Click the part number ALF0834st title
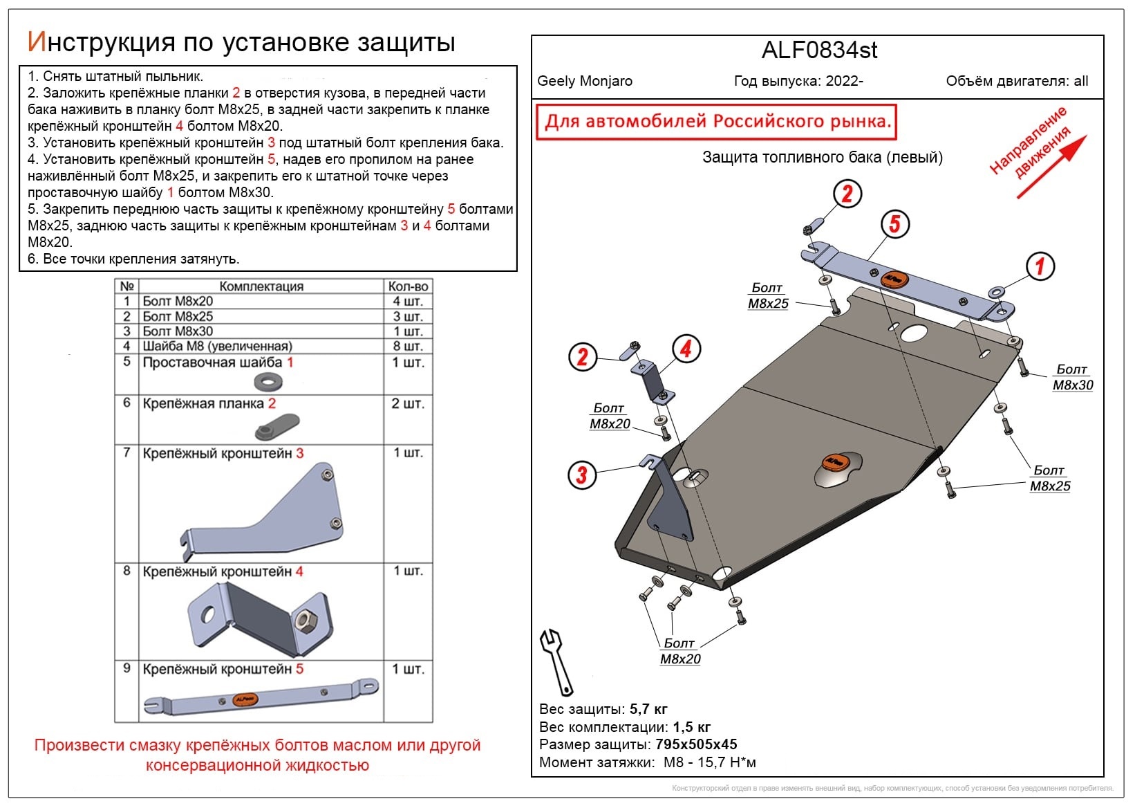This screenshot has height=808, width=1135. point(819,50)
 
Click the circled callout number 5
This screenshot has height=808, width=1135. point(894,223)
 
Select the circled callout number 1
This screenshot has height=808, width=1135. point(1040,266)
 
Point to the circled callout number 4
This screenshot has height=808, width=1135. point(685,349)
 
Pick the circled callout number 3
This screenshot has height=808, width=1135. point(582,475)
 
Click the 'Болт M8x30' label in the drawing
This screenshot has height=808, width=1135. point(1072,378)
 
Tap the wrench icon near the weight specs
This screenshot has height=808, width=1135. point(556,661)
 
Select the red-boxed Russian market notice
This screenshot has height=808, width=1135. point(716,122)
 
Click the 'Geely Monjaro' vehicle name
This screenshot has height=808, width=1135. point(585,81)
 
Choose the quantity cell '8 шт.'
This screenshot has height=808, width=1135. point(408,346)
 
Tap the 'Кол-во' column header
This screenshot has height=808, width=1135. point(408,286)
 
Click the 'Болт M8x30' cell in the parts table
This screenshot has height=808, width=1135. point(178,331)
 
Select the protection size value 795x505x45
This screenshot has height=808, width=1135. point(696,744)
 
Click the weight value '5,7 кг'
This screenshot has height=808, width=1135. point(648,709)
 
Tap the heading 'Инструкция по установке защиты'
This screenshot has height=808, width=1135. point(241,42)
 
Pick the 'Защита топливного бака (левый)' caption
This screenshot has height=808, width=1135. point(822,157)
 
